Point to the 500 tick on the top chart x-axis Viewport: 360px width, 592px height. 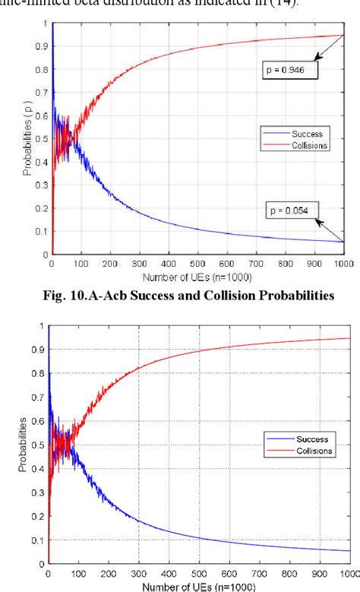tap(197, 262)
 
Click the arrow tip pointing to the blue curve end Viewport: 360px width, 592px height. tap(343, 241)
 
